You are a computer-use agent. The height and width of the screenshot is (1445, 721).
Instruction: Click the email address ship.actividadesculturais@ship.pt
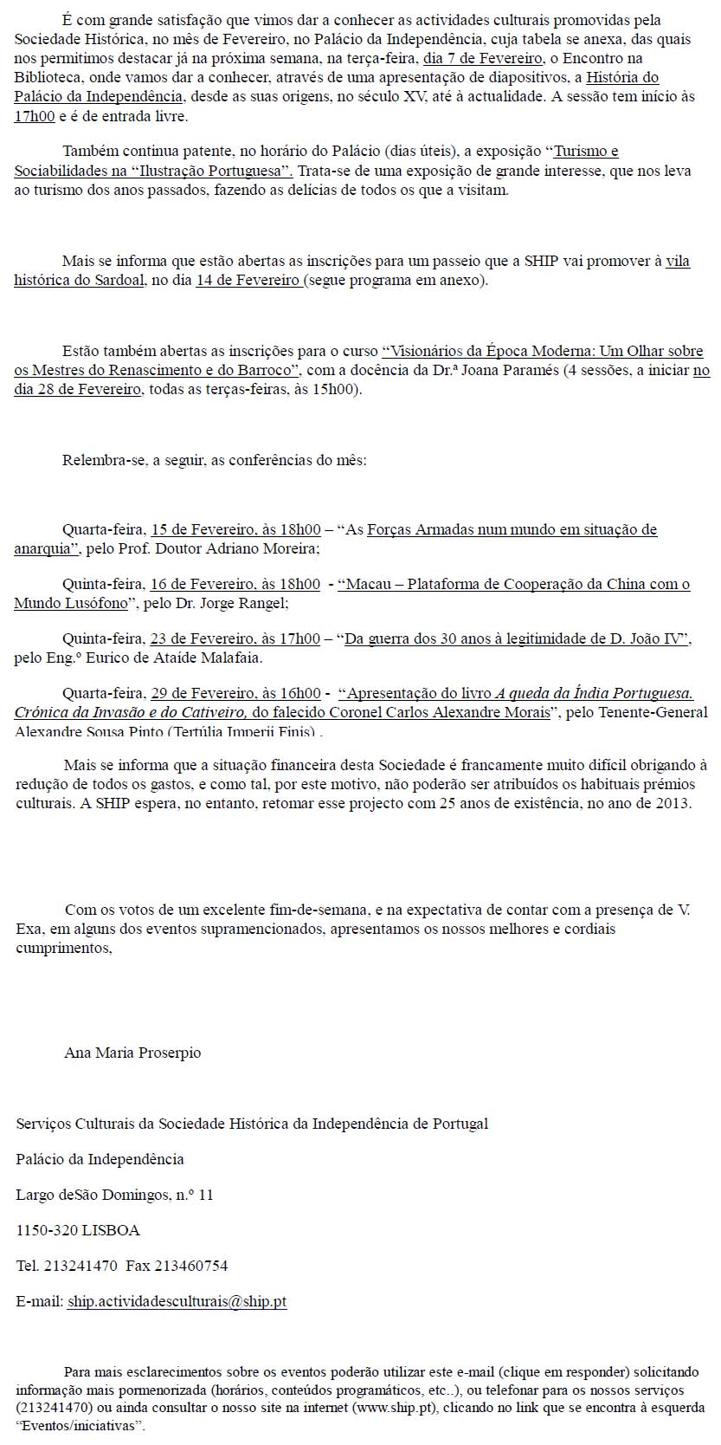coord(177,1301)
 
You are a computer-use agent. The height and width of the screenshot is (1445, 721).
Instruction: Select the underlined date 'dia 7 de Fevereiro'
coord(483,58)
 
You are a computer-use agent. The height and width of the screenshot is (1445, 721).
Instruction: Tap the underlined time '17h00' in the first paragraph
coord(35,116)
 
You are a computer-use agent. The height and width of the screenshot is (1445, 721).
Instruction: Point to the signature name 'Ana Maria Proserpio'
coord(132,1053)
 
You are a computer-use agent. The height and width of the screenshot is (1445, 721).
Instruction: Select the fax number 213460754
coord(190,1266)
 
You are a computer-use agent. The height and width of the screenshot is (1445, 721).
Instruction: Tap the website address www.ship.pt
coord(396,1408)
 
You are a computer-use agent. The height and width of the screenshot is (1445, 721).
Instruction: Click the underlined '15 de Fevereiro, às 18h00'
coord(235,529)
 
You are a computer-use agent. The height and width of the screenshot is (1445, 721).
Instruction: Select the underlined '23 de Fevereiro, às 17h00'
coord(235,638)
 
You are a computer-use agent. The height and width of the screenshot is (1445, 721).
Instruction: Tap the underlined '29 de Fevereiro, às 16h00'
coord(235,693)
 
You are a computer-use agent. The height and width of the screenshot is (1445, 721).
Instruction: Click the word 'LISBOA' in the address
coord(111,1230)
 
